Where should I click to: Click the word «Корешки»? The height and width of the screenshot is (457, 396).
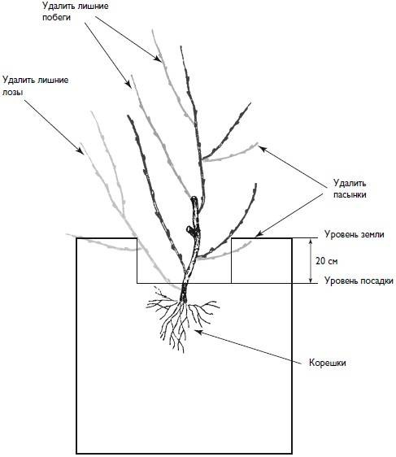[x=328, y=363]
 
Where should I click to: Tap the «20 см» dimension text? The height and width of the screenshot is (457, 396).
[x=327, y=261]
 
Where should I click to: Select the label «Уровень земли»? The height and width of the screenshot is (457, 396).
[x=355, y=234]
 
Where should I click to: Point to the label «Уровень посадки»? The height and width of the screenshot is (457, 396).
[x=359, y=281]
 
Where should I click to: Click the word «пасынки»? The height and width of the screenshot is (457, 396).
[x=350, y=194]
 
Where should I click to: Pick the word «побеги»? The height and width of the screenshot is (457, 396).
[x=57, y=17]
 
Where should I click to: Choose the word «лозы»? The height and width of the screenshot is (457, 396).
[x=12, y=93]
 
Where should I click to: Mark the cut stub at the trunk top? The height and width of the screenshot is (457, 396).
[x=194, y=200]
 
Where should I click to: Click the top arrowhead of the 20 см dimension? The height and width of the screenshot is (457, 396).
[x=311, y=242]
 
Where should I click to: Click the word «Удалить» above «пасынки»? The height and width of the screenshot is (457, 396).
[x=350, y=183]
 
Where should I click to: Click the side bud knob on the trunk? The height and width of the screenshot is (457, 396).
[x=189, y=230]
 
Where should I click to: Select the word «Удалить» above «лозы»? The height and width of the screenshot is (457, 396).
[x=19, y=81]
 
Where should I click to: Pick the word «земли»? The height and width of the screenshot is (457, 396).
[x=372, y=235]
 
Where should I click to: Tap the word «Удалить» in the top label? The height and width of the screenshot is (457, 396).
[x=59, y=6]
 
